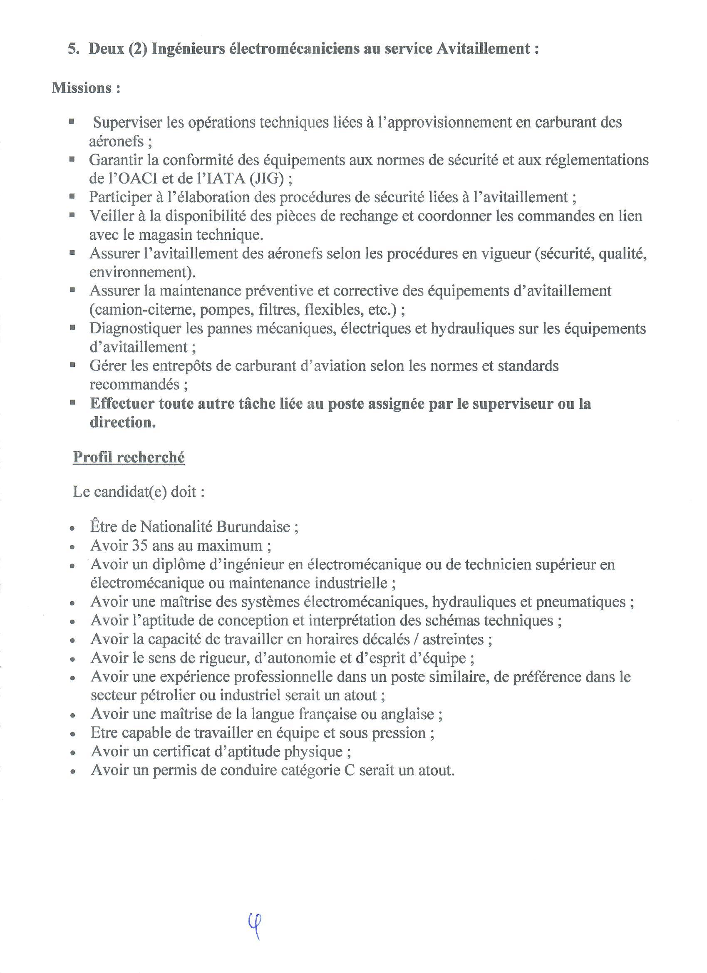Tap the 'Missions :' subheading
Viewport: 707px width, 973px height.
coord(86,88)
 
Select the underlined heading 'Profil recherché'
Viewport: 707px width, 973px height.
coord(129,457)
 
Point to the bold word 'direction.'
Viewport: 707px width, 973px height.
coord(122,422)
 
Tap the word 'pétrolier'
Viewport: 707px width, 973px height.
coord(149,695)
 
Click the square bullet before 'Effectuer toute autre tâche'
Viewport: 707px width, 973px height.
coord(72,403)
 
